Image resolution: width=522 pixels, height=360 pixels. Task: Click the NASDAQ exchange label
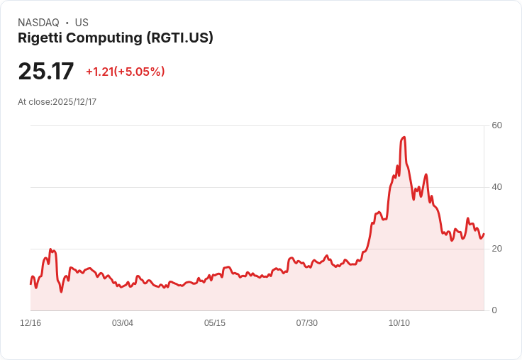coord(38,23)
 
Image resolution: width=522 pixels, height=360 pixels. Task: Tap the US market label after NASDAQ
coord(82,23)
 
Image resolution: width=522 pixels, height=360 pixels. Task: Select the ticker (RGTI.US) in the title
coord(179,38)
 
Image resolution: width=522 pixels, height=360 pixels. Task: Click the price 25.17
coord(46,72)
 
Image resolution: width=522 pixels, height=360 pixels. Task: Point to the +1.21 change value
coord(99,72)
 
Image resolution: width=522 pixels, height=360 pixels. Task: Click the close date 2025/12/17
coord(74,102)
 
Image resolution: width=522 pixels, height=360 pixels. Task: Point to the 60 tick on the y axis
coord(497,125)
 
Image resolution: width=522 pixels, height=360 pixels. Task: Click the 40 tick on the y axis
coord(497,187)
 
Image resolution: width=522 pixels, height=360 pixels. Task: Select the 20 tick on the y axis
coord(497,249)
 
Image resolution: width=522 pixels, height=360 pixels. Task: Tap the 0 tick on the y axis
coord(494,310)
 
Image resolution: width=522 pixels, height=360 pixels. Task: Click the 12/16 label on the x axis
coord(30,323)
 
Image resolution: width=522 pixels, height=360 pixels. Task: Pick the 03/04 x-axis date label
coord(123,323)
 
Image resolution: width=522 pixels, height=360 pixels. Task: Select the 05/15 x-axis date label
coord(215,323)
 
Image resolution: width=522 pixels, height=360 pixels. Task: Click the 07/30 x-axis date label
coord(307,323)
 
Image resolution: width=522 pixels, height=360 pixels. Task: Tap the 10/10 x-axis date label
coord(399,323)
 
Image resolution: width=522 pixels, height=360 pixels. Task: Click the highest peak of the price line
coord(404,137)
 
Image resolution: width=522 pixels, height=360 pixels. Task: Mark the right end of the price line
coord(484,234)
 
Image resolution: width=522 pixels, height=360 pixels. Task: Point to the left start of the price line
coord(30,283)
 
